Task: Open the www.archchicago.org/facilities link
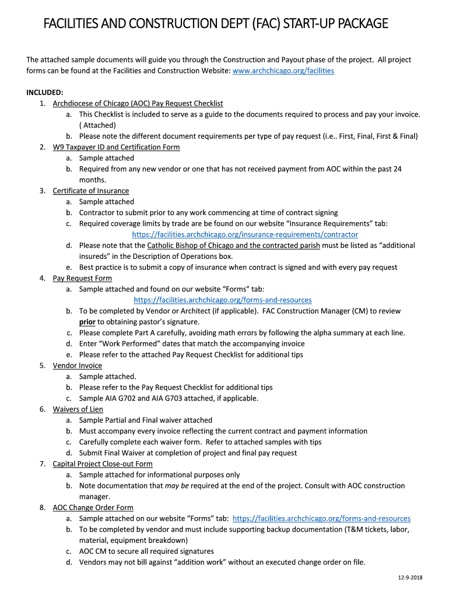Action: coord(283,71)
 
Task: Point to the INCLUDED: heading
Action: coord(45,93)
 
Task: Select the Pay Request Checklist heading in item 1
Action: coord(138,103)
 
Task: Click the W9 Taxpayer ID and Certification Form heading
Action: coord(116,147)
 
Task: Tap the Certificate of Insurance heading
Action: coord(91,191)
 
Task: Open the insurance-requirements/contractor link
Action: coord(245,234)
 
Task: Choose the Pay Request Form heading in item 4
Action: coord(82,278)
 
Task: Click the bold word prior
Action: coord(87,322)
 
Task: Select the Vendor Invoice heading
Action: coord(78,366)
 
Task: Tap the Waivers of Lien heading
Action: coord(78,409)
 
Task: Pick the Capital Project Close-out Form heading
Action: coord(103,464)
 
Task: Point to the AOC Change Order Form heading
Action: coord(93,508)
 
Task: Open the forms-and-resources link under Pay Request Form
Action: coord(223,300)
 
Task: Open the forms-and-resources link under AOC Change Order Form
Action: coord(321,518)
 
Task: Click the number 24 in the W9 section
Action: coord(397,169)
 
